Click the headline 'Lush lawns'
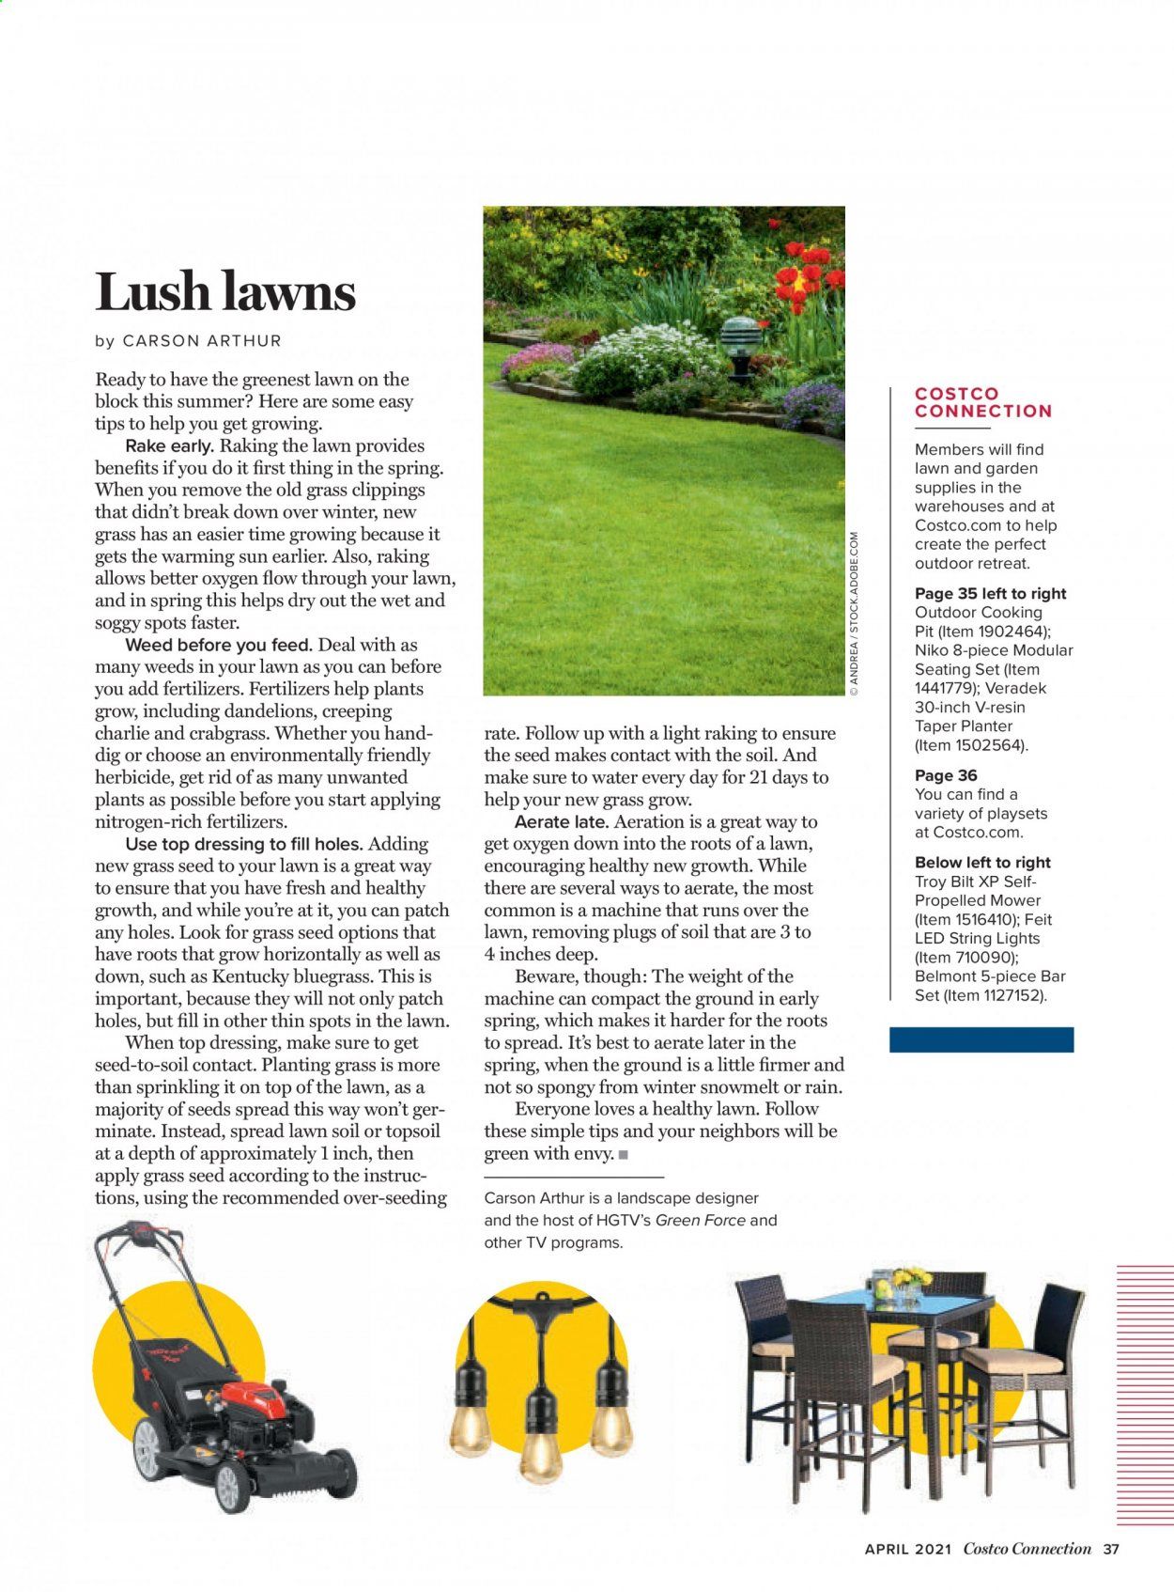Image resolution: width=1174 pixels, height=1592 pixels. [225, 291]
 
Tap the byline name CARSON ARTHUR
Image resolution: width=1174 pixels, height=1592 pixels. [202, 341]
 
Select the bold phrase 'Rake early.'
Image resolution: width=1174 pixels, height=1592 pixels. [170, 446]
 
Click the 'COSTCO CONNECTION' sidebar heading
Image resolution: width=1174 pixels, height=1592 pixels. [982, 402]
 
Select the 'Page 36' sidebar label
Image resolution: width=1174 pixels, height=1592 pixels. [946, 775]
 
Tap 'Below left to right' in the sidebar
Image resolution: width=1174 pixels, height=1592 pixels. [982, 863]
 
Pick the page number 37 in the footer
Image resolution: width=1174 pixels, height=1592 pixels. [1111, 1550]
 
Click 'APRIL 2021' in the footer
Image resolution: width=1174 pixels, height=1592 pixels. [908, 1550]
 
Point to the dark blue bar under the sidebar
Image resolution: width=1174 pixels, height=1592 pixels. [981, 1038]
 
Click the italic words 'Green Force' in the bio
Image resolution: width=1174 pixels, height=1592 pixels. [700, 1220]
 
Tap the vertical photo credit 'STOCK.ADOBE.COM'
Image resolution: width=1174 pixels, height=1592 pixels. [854, 582]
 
